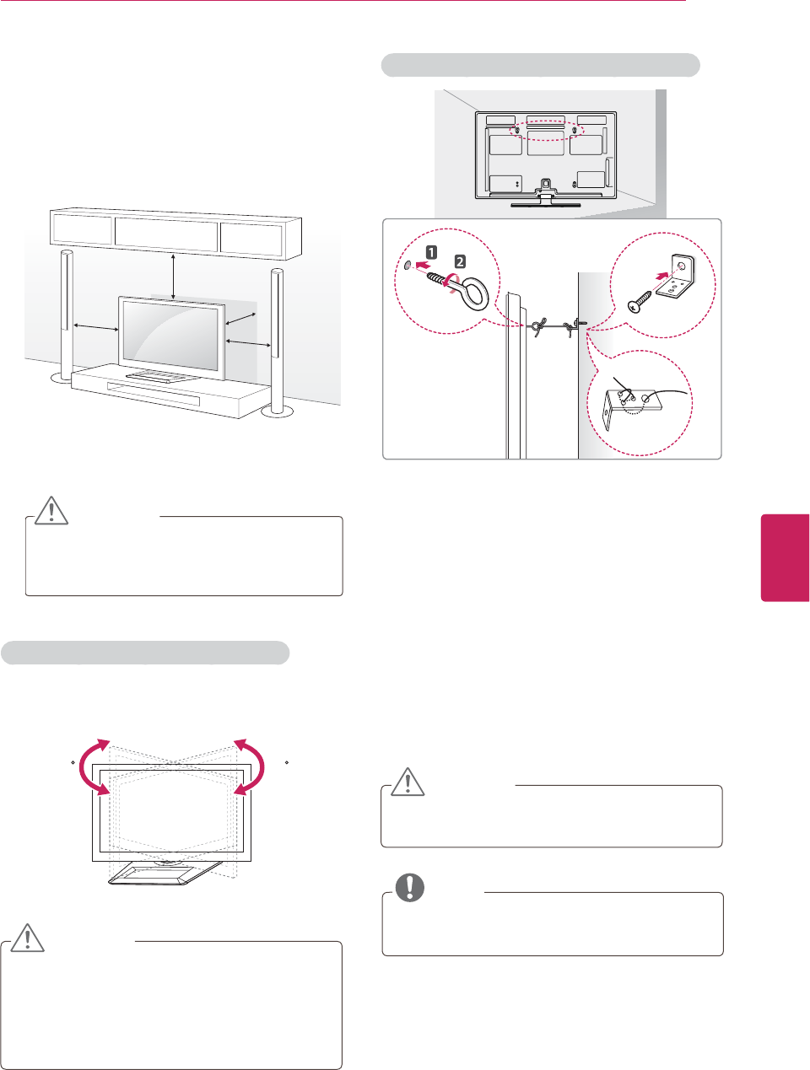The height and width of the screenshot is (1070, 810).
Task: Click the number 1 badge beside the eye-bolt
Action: [431, 252]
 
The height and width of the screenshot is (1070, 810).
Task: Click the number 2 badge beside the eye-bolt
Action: [461, 262]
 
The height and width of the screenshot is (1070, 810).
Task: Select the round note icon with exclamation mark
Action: [410, 888]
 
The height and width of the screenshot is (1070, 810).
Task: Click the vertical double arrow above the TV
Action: [173, 276]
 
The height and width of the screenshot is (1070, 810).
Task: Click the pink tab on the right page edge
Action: [786, 557]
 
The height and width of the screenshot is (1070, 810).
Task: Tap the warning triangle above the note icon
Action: [408, 782]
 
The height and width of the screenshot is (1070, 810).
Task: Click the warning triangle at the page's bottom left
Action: [27, 938]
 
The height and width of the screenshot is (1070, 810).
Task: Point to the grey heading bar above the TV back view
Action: [541, 66]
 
